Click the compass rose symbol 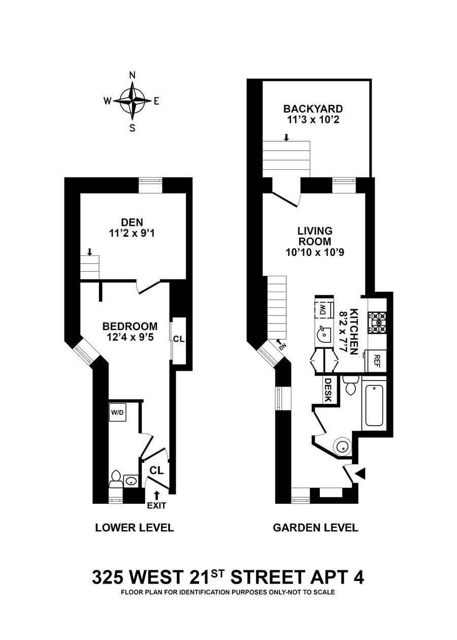click(x=132, y=100)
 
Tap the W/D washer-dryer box click(x=117, y=412)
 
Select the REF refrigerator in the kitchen click(x=377, y=360)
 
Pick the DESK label click(x=328, y=390)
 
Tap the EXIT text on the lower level click(x=156, y=505)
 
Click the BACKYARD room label click(x=313, y=109)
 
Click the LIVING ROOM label click(x=314, y=236)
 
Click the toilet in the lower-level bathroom click(x=115, y=478)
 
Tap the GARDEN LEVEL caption click(x=315, y=528)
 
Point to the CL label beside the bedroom click(x=178, y=339)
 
